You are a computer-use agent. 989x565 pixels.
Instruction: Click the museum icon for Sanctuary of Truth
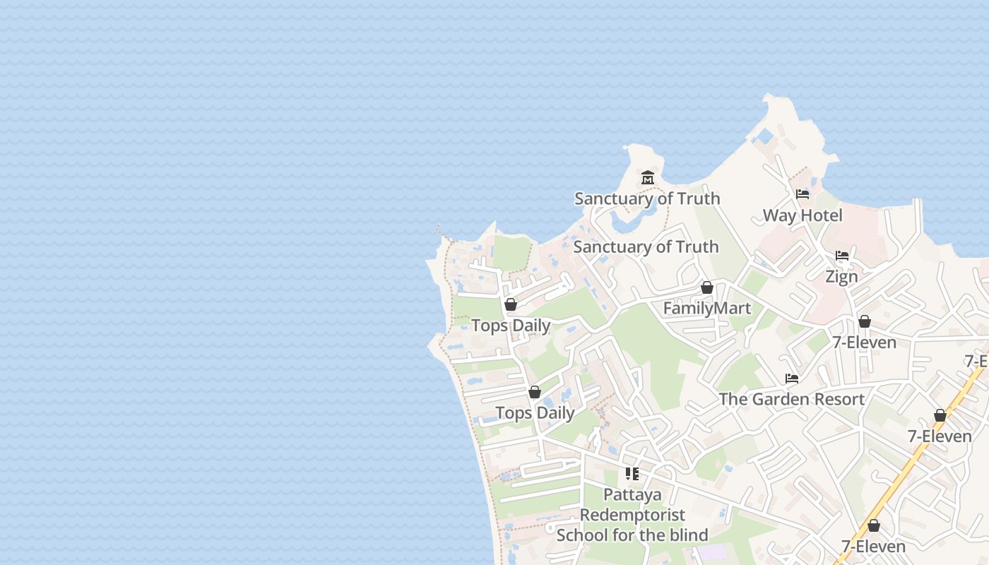[648, 177]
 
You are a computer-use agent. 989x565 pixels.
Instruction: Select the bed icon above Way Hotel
[803, 194]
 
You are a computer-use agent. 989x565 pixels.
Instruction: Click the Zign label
[841, 277]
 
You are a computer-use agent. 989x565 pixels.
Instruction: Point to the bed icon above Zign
[841, 256]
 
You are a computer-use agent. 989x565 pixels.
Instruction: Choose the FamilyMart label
[706, 309]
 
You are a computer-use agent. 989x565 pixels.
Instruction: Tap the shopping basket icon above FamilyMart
[706, 287]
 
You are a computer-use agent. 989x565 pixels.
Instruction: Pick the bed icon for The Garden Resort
[792, 379]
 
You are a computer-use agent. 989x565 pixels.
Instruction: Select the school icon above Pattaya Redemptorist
[632, 474]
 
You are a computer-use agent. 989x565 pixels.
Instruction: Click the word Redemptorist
[632, 514]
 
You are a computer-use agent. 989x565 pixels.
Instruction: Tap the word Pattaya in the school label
[632, 494]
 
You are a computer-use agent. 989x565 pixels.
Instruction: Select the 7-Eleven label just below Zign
[864, 343]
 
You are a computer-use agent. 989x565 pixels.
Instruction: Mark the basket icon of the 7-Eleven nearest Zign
[864, 322]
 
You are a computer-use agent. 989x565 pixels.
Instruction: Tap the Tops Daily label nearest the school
[535, 413]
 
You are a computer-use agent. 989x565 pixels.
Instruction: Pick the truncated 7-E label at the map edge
[977, 361]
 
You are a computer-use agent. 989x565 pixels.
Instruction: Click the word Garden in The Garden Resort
[779, 399]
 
